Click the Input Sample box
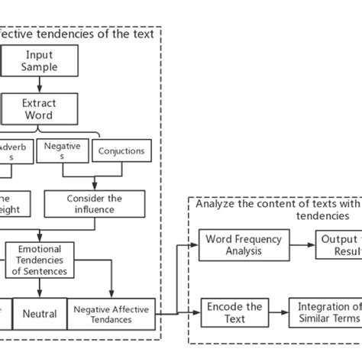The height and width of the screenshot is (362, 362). [40, 61]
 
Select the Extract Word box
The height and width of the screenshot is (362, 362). [40, 108]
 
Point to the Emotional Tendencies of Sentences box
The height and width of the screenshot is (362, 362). [39, 260]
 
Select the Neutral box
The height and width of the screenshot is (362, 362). [39, 314]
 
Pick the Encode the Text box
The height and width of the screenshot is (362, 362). [234, 313]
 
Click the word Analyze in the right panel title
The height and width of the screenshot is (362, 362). [216, 203]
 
